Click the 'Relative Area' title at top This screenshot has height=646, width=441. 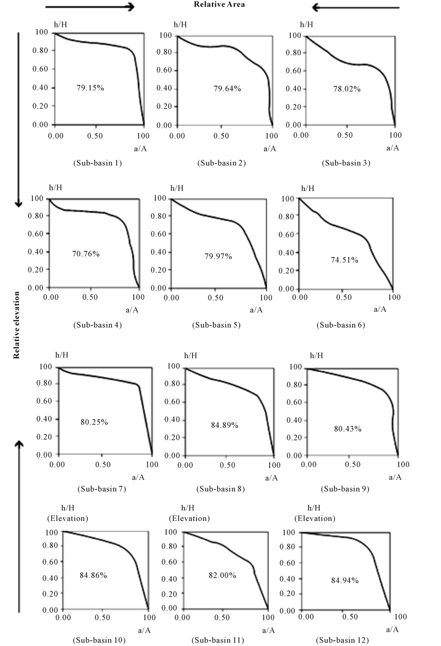219,5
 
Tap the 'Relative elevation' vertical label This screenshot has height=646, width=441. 16,325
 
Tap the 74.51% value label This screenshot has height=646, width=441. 344,260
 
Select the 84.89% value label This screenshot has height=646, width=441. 225,425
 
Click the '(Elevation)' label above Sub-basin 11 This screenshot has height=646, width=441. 189,518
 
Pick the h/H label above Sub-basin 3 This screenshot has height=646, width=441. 306,24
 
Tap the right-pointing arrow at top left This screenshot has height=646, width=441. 90,7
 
